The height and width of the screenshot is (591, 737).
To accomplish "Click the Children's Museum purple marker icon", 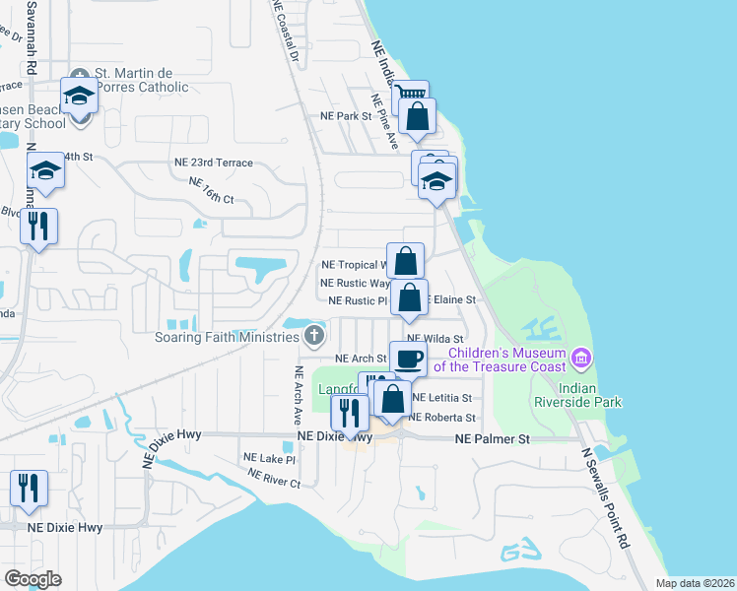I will pyautogui.click(x=581, y=355).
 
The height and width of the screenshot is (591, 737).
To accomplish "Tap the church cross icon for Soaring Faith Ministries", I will pyautogui.click(x=314, y=337).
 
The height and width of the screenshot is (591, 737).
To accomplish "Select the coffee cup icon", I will pyautogui.click(x=407, y=359).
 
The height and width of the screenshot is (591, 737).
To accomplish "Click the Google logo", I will pyautogui.click(x=33, y=578).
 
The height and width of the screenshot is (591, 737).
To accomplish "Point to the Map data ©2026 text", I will pyautogui.click(x=695, y=583).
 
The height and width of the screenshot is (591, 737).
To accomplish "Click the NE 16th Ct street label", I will pyautogui.click(x=210, y=189).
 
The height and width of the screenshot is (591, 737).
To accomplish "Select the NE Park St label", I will pyautogui.click(x=344, y=115).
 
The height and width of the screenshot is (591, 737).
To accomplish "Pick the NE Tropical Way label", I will pyautogui.click(x=355, y=265).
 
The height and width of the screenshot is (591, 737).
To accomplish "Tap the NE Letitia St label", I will pyautogui.click(x=442, y=398).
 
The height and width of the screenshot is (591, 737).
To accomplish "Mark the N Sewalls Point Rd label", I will pyautogui.click(x=604, y=497).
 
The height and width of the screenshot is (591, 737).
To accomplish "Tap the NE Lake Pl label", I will pyautogui.click(x=269, y=458).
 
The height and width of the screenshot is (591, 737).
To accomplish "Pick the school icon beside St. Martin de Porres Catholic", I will pyautogui.click(x=78, y=96).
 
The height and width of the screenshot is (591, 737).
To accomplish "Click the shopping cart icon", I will pyautogui.click(x=410, y=98).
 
